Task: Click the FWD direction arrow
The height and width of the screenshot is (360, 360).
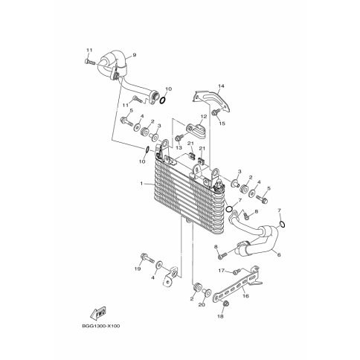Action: (x=98, y=313)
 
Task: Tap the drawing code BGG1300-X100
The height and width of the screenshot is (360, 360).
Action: (x=101, y=326)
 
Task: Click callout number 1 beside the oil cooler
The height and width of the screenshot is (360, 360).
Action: (x=141, y=184)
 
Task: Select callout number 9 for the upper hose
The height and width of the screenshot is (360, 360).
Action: (x=135, y=55)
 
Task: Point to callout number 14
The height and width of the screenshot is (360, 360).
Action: (x=221, y=86)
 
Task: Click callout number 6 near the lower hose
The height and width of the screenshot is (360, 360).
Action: (x=279, y=254)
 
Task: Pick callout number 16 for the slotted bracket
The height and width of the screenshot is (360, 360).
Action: (x=246, y=296)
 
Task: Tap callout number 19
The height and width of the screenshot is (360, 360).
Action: (x=138, y=269)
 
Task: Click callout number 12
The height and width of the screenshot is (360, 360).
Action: (x=204, y=116)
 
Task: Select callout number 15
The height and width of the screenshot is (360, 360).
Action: (x=222, y=123)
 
